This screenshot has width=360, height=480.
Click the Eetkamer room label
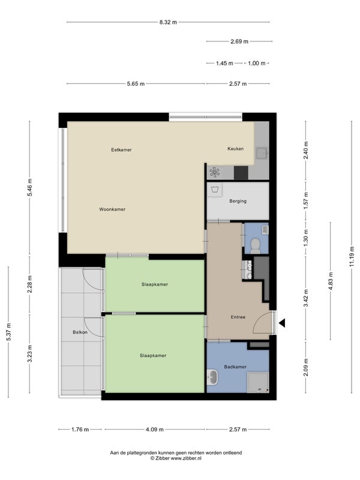pyautogui.click(x=121, y=149)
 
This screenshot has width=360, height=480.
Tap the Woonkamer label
pyautogui.click(x=112, y=209)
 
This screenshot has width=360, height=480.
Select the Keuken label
pyautogui.click(x=235, y=148)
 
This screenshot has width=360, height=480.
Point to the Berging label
pyautogui.click(x=238, y=201)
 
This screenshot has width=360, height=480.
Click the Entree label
pyautogui.click(x=238, y=317)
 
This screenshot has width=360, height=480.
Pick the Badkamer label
pyautogui.click(x=235, y=367)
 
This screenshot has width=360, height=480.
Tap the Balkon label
pyautogui.click(x=80, y=332)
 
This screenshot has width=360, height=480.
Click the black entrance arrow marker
pyautogui.click(x=282, y=323)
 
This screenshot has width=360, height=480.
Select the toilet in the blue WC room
pyautogui.click(x=256, y=246)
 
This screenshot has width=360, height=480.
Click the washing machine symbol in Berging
pyautogui.click(x=215, y=190)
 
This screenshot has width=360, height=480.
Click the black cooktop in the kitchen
pyautogui.click(x=241, y=173)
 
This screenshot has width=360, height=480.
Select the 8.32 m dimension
pyautogui.click(x=168, y=22)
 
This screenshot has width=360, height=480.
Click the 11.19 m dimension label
pyautogui.click(x=352, y=257)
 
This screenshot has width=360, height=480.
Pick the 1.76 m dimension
pyautogui.click(x=80, y=430)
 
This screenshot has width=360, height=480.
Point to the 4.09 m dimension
pyautogui.click(x=155, y=430)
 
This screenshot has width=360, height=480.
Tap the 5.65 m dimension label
pyautogui.click(x=136, y=83)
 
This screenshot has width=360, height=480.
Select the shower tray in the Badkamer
pyautogui.click(x=258, y=382)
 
